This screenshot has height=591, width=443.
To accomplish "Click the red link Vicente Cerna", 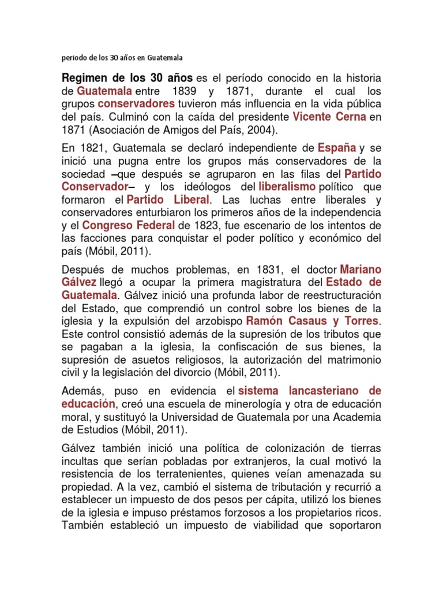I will (x=329, y=116).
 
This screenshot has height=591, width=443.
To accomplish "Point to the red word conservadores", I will (x=136, y=104).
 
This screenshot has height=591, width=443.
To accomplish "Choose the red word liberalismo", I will (x=287, y=186).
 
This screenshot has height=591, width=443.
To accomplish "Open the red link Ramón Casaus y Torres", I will (x=312, y=320).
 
